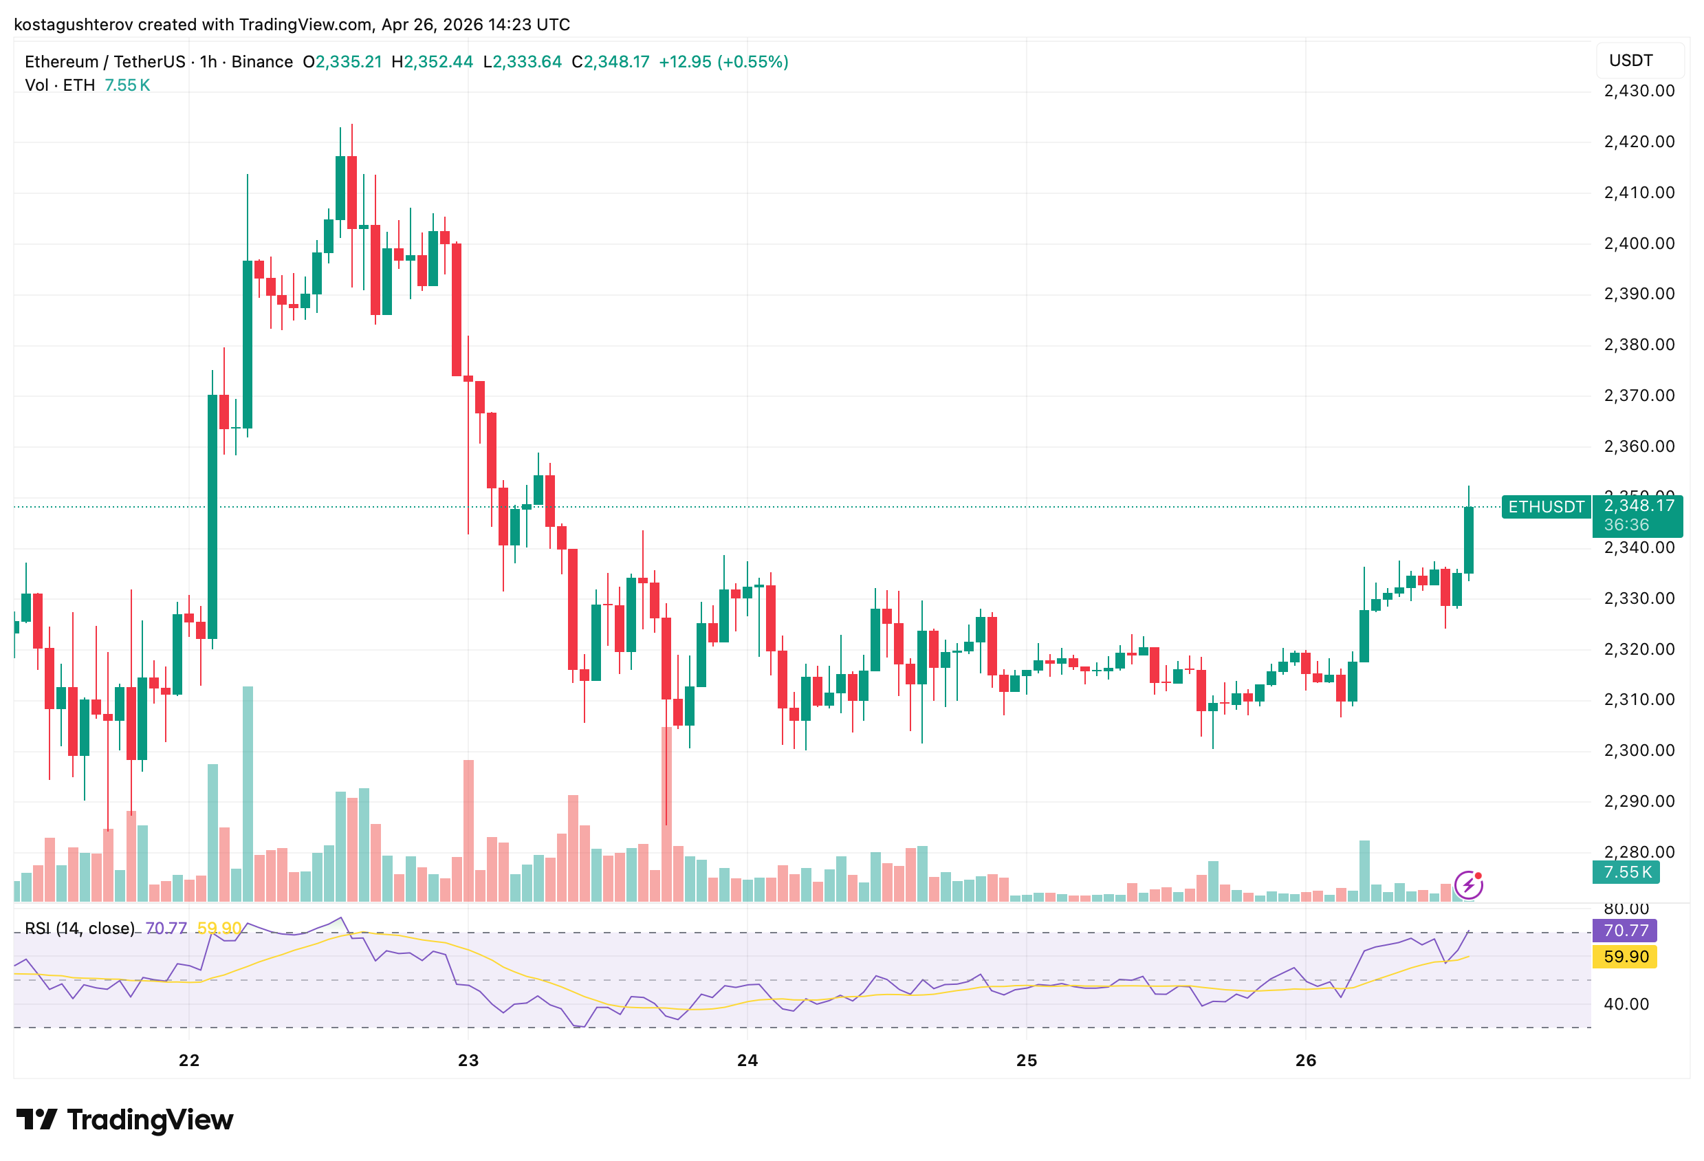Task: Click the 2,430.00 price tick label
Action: point(1639,91)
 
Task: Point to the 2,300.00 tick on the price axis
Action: point(1639,750)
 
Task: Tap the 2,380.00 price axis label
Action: point(1639,345)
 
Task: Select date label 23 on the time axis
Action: point(468,1060)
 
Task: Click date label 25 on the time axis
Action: point(1027,1060)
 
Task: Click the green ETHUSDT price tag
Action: point(1546,507)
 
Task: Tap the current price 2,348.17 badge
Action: point(1639,506)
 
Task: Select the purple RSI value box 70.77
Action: point(1625,931)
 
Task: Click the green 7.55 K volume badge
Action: point(1626,872)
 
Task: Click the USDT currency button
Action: point(1639,60)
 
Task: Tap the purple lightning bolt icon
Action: point(1468,885)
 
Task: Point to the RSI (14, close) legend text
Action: point(79,929)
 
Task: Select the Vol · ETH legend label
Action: point(60,85)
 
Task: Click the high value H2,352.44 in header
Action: point(433,62)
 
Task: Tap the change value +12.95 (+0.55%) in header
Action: point(723,62)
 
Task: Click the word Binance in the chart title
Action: point(262,62)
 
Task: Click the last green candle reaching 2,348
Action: point(1468,540)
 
